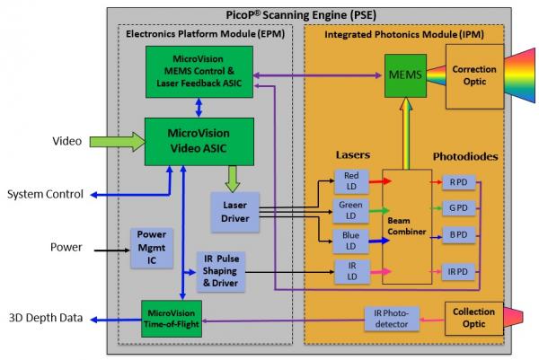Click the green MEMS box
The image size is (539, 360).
point(400,70)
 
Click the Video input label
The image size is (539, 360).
point(66,141)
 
